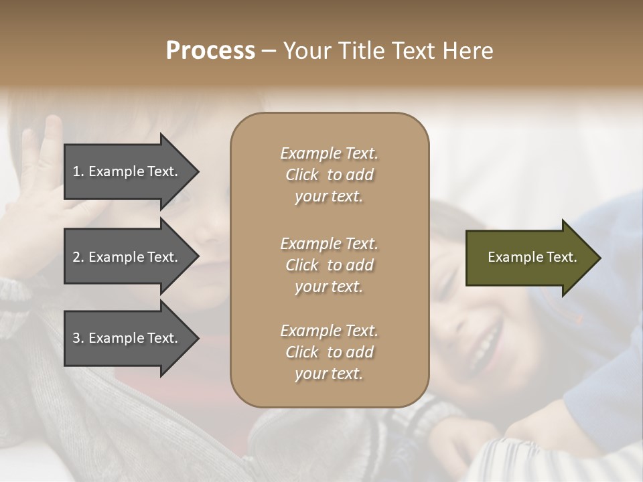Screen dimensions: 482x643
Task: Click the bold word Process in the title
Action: (210, 51)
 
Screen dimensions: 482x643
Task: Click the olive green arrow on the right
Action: (522, 258)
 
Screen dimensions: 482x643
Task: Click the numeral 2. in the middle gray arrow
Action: (78, 257)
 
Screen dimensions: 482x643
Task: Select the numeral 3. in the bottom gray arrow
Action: (78, 338)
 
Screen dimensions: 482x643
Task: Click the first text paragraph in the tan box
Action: (329, 175)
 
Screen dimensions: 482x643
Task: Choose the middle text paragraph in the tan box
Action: (329, 265)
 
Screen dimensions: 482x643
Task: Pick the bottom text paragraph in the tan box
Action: (329, 352)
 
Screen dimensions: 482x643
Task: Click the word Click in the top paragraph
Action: (302, 175)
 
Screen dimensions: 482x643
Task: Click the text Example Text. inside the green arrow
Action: (532, 257)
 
